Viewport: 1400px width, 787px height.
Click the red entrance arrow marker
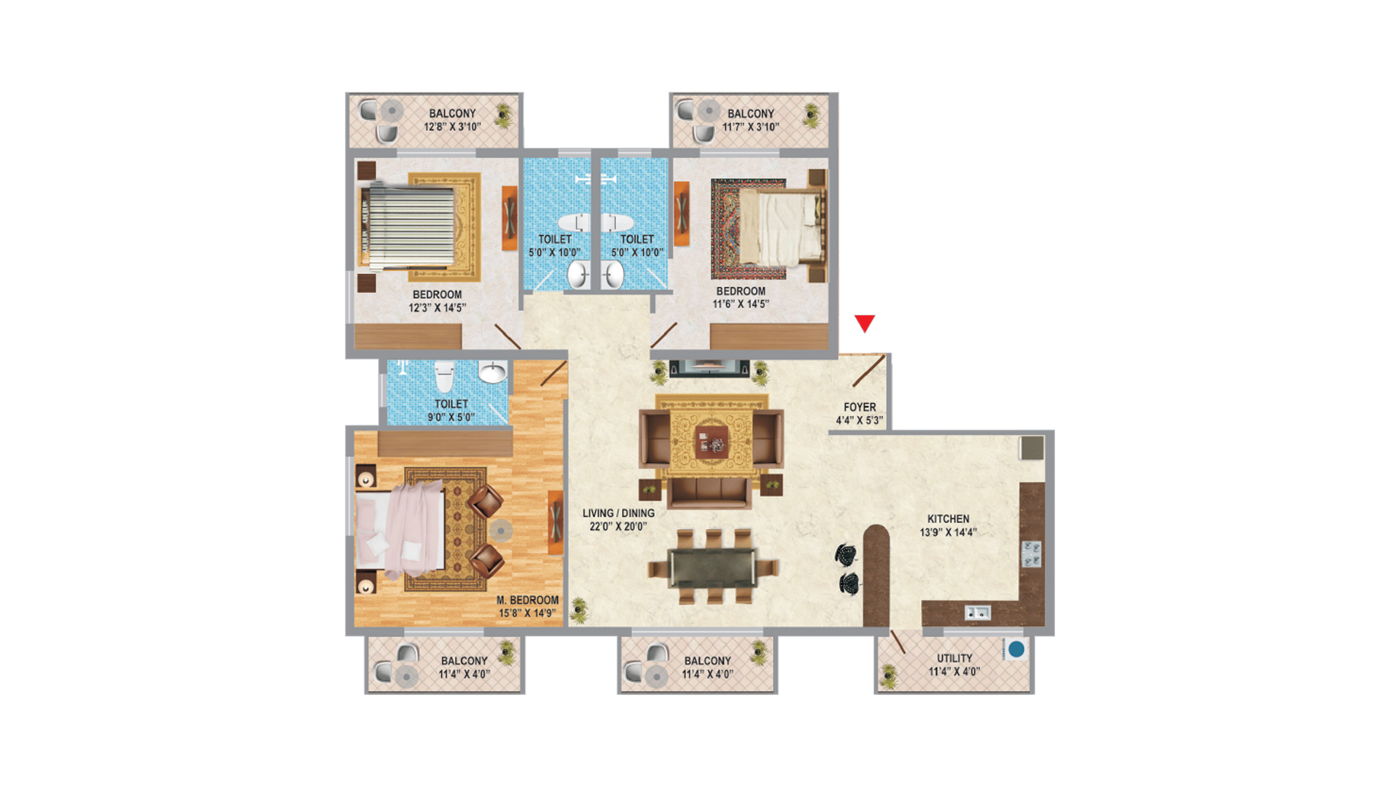pos(865,323)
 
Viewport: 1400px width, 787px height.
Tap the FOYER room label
pos(860,407)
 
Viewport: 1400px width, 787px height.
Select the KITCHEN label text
pos(948,519)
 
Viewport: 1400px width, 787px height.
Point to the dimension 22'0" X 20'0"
pos(618,526)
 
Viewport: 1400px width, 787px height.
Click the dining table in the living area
pos(712,567)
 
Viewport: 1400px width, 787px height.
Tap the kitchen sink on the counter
pos(977,613)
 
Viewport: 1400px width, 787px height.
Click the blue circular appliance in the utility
pos(1016,649)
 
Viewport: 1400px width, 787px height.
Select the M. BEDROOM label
pos(528,600)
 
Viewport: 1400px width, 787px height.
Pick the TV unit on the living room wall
pos(709,367)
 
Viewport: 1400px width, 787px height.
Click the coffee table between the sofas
pos(711,441)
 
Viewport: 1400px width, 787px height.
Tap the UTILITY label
pos(954,658)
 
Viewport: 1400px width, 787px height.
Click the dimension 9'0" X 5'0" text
pos(451,418)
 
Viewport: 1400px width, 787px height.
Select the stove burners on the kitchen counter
pos(1031,554)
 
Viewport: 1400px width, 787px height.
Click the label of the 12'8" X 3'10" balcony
pos(452,114)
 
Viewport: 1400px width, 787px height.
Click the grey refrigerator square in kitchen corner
pos(1032,447)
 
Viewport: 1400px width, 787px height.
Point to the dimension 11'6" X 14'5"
pos(741,304)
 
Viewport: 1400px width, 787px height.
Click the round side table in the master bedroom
pos(501,530)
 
